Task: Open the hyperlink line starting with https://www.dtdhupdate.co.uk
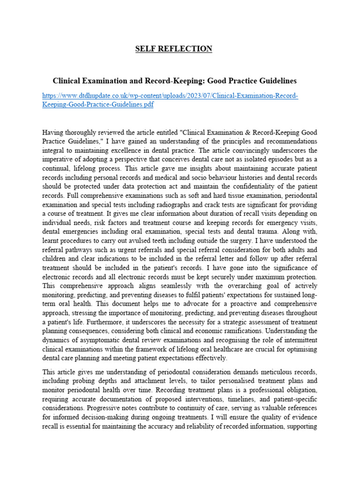coord(170,96)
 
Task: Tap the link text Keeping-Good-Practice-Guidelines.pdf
coord(97,105)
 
